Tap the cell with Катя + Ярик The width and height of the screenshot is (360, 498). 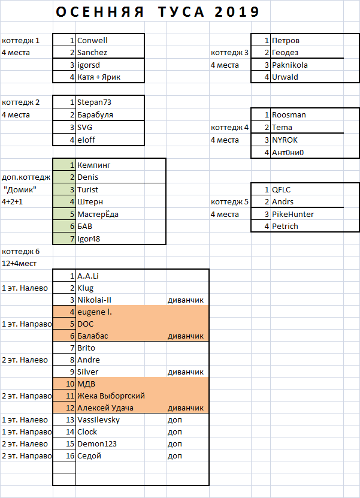[x=99, y=77]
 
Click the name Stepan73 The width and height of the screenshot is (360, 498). [x=95, y=102]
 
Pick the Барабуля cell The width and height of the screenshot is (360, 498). [x=95, y=114]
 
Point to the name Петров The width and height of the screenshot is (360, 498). [x=285, y=40]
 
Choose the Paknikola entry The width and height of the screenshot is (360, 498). [x=290, y=65]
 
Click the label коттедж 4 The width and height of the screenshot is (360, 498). [x=229, y=127]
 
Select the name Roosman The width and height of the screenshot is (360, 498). [x=289, y=114]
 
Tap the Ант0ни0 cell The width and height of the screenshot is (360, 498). [x=288, y=152]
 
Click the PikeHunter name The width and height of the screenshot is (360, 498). [x=293, y=214]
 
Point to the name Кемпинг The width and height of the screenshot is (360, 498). [x=94, y=165]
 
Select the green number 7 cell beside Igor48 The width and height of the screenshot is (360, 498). [x=64, y=239]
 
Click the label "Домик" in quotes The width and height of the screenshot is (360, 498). [x=20, y=189]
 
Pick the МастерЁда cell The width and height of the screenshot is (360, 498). [x=99, y=214]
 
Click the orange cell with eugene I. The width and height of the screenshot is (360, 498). [x=95, y=312]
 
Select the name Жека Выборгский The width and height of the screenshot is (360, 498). [x=111, y=396]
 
